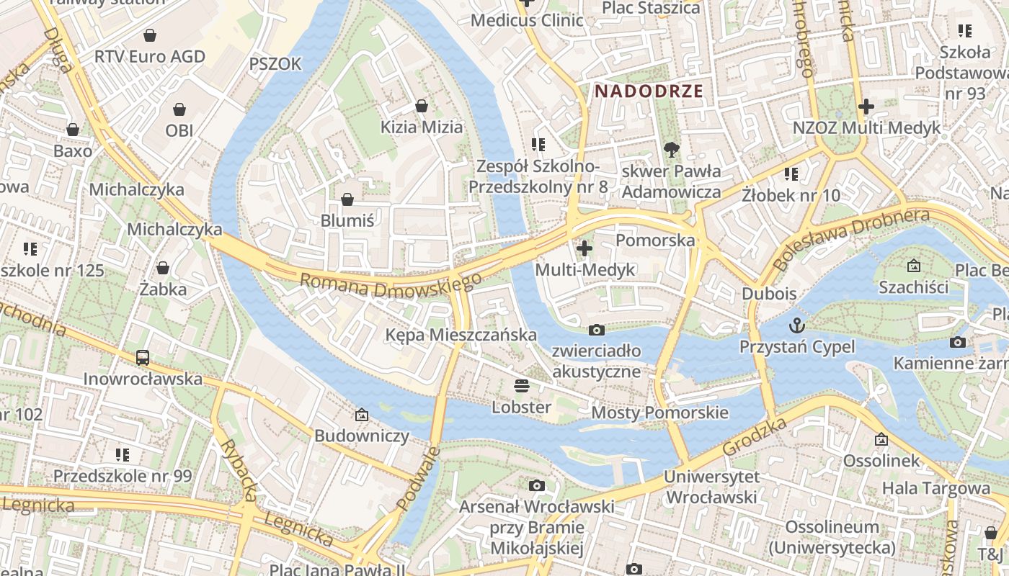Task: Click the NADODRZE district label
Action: click(649, 91)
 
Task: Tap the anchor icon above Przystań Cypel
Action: click(796, 325)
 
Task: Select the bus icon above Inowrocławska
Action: click(143, 357)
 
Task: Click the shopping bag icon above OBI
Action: click(179, 109)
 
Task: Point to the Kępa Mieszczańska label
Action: click(461, 335)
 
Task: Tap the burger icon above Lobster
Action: click(521, 386)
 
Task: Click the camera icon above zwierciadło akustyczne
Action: click(596, 330)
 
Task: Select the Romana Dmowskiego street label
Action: click(390, 284)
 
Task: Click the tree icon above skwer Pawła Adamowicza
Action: click(671, 150)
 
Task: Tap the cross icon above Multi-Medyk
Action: click(584, 248)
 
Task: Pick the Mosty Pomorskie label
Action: click(659, 413)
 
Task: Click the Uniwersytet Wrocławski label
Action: click(711, 487)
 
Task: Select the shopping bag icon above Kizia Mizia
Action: click(422, 106)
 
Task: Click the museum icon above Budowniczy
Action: click(362, 414)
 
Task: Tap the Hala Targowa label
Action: click(936, 488)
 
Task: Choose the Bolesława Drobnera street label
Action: click(850, 239)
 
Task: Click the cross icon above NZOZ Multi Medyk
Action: click(866, 107)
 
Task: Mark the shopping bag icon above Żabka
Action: click(163, 268)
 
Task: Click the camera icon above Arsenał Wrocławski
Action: click(536, 485)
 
